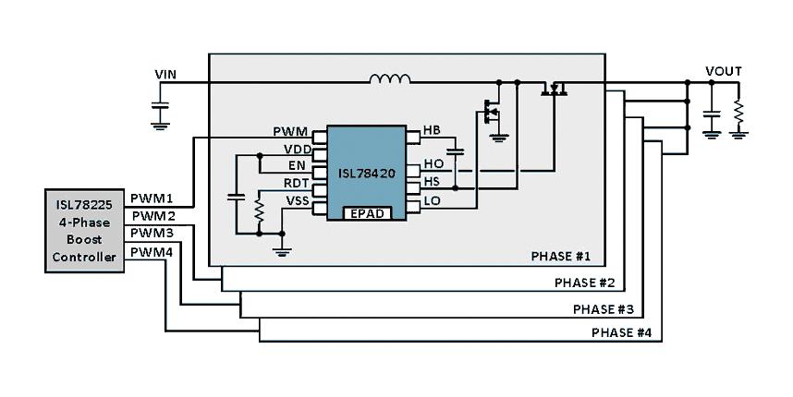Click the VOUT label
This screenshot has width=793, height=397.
tap(723, 71)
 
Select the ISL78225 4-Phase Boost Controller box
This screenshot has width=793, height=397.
tap(83, 231)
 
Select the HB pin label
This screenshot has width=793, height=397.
tap(432, 129)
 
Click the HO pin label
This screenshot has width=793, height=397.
tap(433, 164)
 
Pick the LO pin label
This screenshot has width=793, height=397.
tap(432, 200)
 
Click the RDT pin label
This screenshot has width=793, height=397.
tap(296, 182)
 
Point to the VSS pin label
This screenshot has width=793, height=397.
tap(297, 199)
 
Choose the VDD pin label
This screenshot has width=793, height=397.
tap(297, 148)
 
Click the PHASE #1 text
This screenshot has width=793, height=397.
tap(560, 256)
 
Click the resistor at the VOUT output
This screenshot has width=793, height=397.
tap(738, 114)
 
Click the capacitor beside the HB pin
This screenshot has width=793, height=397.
tap(454, 149)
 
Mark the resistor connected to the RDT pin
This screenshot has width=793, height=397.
tap(259, 211)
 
